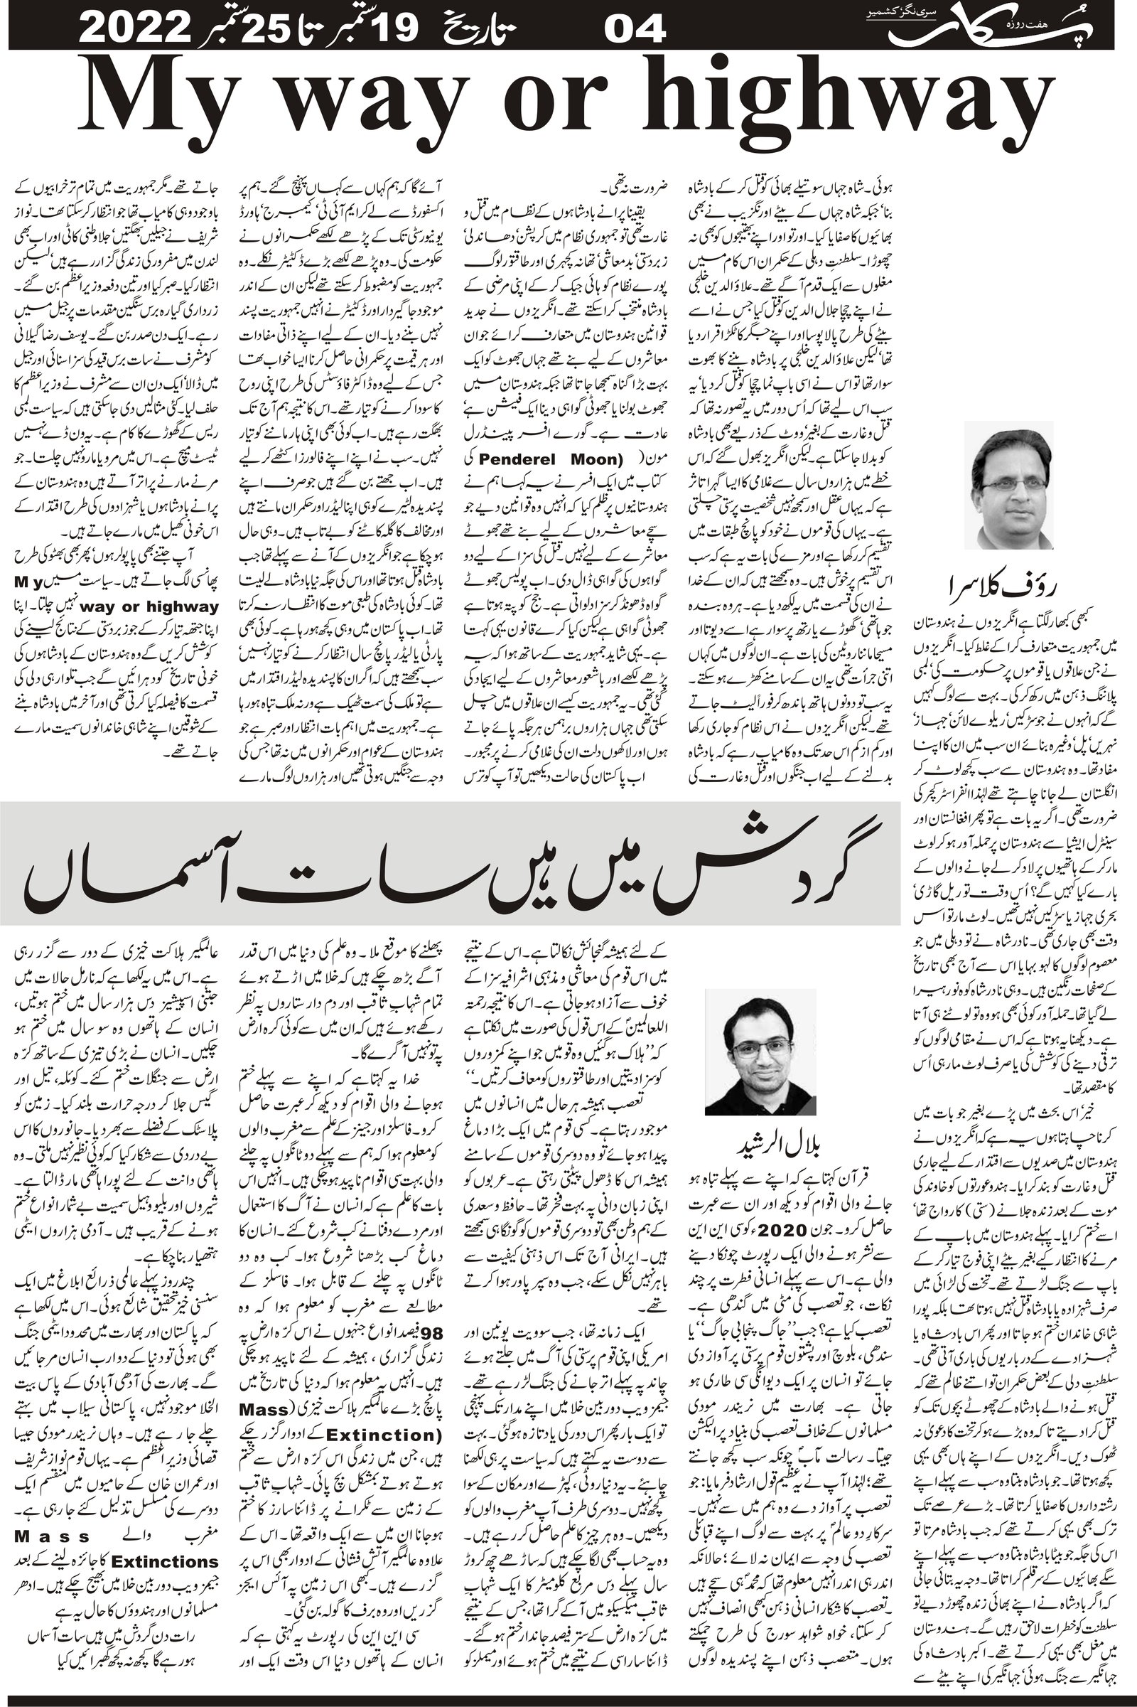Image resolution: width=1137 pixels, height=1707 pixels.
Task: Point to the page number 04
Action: pyautogui.click(x=635, y=31)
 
